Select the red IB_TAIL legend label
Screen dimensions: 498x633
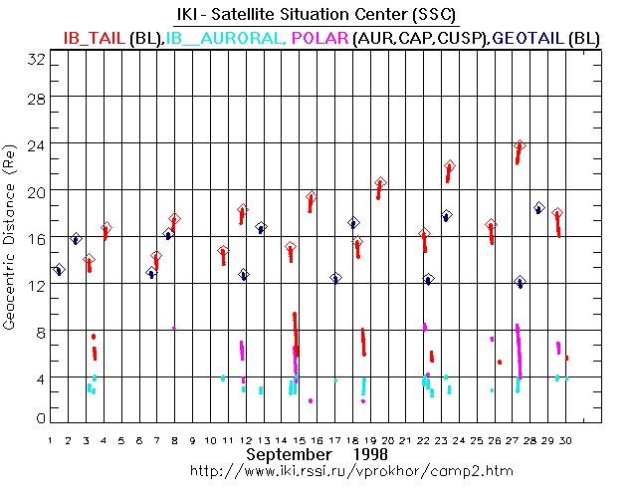click(95, 37)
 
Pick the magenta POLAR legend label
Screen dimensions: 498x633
click(319, 37)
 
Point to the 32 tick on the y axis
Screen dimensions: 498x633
click(37, 59)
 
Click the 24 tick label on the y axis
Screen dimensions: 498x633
click(37, 142)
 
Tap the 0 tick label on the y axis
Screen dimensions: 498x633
click(40, 418)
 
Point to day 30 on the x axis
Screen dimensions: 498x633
click(566, 439)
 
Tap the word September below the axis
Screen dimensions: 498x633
click(288, 454)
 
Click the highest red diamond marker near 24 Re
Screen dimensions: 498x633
click(519, 145)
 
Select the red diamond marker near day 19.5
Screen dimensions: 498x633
click(380, 183)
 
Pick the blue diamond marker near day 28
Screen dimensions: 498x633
click(538, 207)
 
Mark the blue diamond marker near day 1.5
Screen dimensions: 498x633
click(58, 269)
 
